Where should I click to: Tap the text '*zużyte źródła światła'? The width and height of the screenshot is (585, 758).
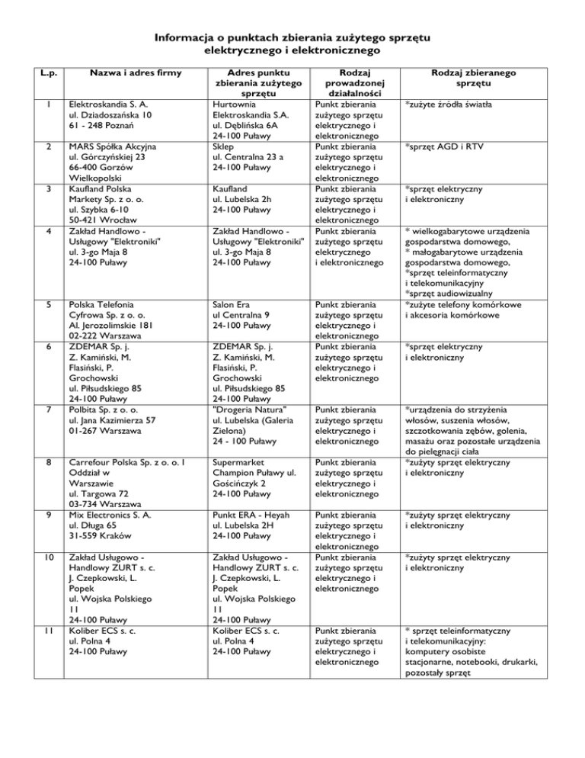[x=448, y=104]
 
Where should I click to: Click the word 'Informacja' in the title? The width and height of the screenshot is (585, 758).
[x=190, y=38]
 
